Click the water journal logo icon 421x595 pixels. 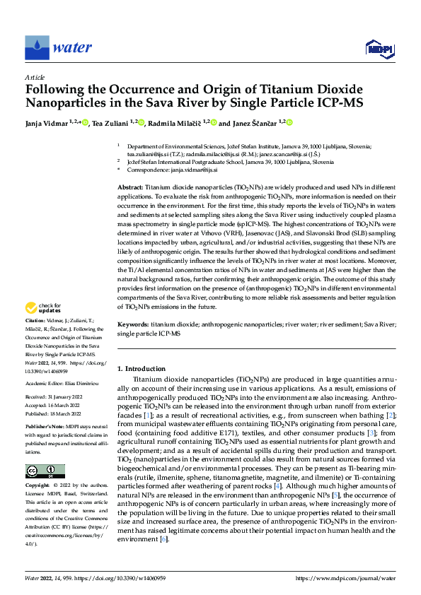[37, 48]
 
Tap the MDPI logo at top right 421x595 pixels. [378, 48]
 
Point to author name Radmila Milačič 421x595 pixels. [175, 123]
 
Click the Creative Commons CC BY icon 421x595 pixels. [44, 452]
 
